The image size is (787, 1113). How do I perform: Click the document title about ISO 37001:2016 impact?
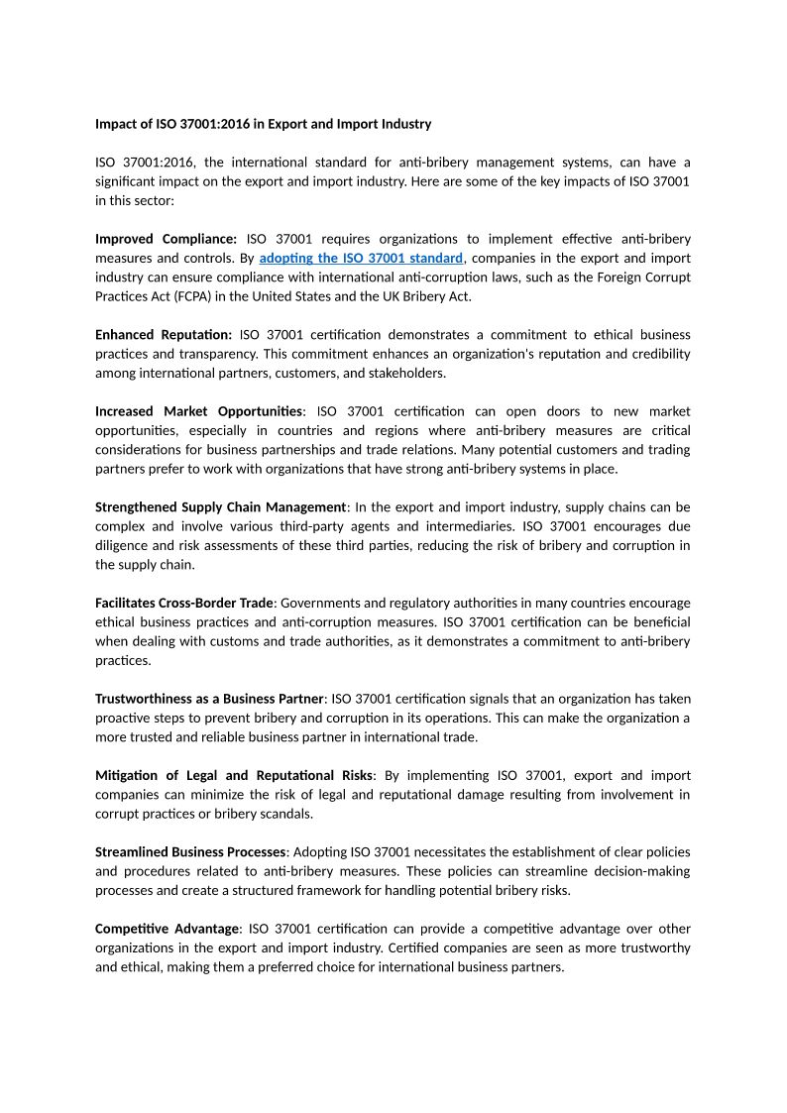(263, 124)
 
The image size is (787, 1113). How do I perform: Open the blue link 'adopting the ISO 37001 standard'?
(361, 258)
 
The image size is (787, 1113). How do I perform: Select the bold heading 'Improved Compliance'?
(166, 239)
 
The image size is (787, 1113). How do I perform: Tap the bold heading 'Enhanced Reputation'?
(164, 335)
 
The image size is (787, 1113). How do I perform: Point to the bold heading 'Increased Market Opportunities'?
(199, 411)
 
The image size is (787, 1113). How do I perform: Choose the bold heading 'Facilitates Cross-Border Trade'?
(183, 604)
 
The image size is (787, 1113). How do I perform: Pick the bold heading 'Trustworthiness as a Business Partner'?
(209, 699)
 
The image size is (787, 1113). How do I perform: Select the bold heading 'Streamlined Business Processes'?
(190, 852)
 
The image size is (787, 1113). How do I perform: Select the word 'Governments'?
(316, 604)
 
